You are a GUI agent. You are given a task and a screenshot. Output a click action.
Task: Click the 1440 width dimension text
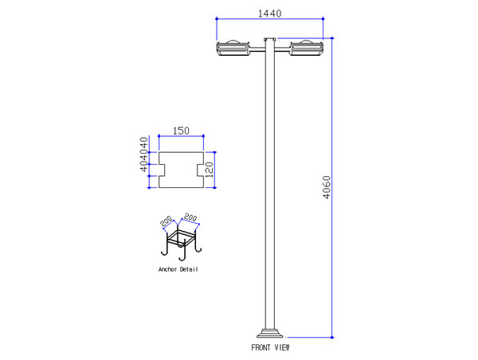(270, 13)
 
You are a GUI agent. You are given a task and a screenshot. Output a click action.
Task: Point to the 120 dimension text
(208, 169)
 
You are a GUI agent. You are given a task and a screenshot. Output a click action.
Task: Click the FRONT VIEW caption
(271, 347)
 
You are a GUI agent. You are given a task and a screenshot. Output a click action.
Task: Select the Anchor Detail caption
(178, 269)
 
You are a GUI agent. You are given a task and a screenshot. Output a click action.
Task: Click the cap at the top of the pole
(270, 39)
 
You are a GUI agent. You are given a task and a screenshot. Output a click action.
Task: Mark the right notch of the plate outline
(199, 170)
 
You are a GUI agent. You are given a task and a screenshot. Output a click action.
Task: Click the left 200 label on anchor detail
(167, 221)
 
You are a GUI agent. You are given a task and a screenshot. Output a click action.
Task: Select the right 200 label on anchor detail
(191, 217)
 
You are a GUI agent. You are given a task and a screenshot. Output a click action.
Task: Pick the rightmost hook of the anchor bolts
(198, 249)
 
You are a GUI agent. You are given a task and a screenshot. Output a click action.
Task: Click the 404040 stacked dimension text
(144, 154)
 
